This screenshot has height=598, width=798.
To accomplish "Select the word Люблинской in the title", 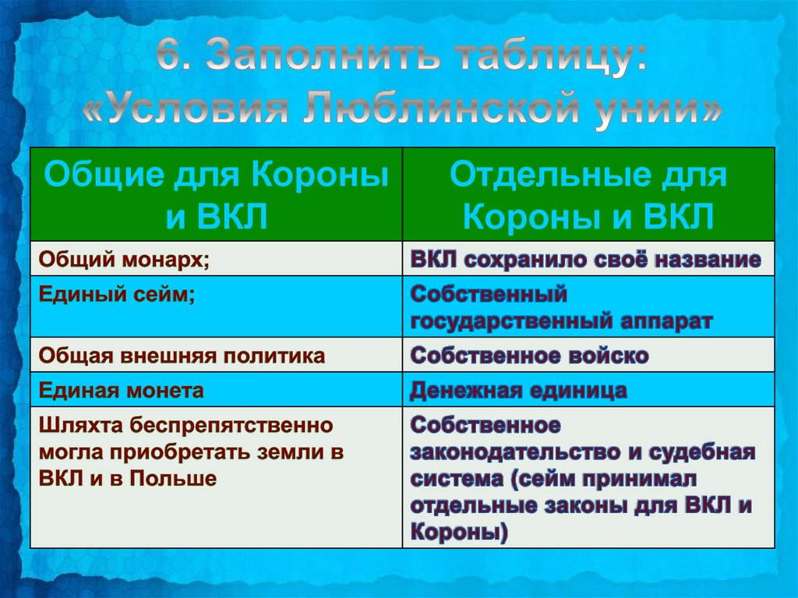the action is (442, 108).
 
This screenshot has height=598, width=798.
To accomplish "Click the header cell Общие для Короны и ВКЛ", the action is (217, 194).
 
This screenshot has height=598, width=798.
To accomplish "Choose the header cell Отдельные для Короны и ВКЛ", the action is (588, 194).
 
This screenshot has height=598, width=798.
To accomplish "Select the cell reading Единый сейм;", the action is (217, 306).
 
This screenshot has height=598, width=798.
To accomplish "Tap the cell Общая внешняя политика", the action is (217, 355).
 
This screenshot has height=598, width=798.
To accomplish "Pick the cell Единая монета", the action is (217, 390).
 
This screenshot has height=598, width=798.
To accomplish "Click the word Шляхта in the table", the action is (81, 425).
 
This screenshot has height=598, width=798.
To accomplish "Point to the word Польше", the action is (173, 478).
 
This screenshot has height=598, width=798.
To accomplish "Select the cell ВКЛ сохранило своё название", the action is (588, 259).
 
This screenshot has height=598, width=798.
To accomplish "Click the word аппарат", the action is (667, 322).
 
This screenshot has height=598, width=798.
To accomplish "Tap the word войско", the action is (608, 355).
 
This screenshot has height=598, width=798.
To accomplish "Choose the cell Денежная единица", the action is (588, 390).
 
